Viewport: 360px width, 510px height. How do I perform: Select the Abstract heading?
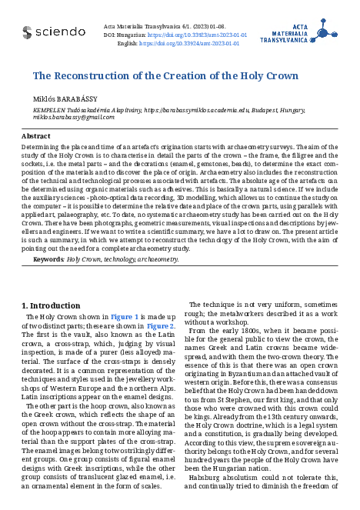pos(36,135)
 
